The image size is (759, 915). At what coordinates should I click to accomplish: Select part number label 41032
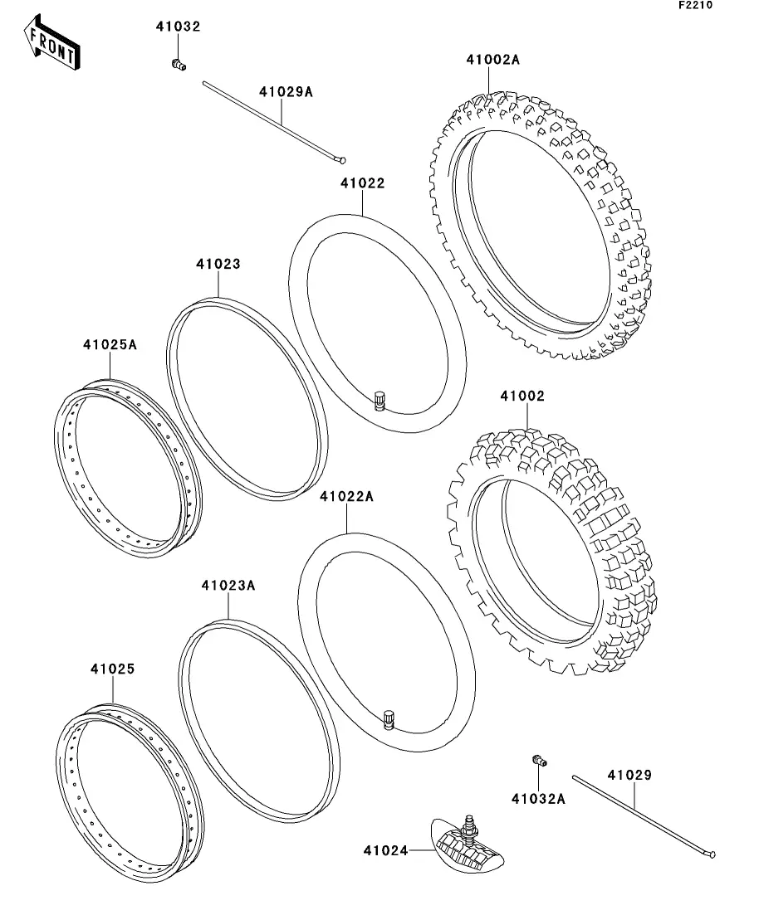pyautogui.click(x=178, y=27)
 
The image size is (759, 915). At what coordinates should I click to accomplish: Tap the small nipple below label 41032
pyautogui.click(x=177, y=64)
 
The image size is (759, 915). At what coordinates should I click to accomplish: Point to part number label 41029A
pyautogui.click(x=286, y=91)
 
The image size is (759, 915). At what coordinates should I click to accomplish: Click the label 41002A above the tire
pyautogui.click(x=492, y=60)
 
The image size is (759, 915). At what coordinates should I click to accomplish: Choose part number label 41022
pyautogui.click(x=363, y=183)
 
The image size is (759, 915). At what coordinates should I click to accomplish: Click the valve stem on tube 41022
pyautogui.click(x=379, y=400)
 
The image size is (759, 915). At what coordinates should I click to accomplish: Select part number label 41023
pyautogui.click(x=218, y=264)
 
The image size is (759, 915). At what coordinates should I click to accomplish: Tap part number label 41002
pyautogui.click(x=522, y=397)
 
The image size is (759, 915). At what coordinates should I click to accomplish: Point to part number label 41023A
pyautogui.click(x=228, y=585)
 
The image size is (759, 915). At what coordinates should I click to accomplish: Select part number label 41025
pyautogui.click(x=112, y=668)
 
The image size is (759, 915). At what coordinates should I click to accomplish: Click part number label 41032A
pyautogui.click(x=538, y=799)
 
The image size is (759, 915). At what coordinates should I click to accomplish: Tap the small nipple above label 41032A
pyautogui.click(x=537, y=760)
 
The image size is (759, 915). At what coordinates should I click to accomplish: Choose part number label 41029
pyautogui.click(x=629, y=776)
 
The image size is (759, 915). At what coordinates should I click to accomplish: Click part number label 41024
pyautogui.click(x=385, y=849)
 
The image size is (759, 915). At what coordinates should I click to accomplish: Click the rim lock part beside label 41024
pyautogui.click(x=467, y=844)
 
